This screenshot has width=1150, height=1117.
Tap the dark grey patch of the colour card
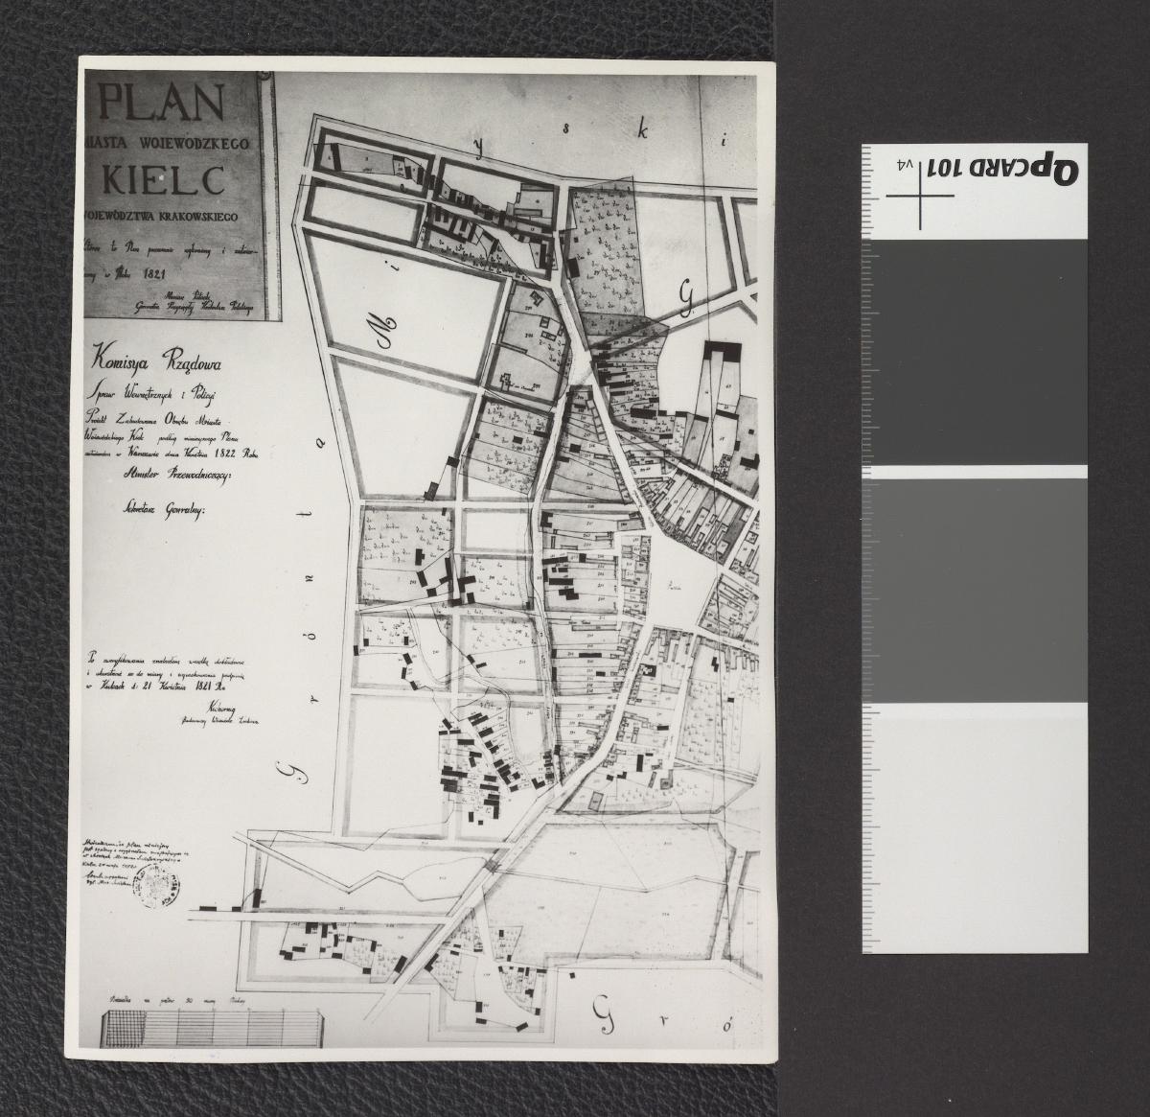(x=974, y=351)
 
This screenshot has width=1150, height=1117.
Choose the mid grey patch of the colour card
(x=974, y=589)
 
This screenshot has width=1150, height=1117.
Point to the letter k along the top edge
(x=644, y=132)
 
